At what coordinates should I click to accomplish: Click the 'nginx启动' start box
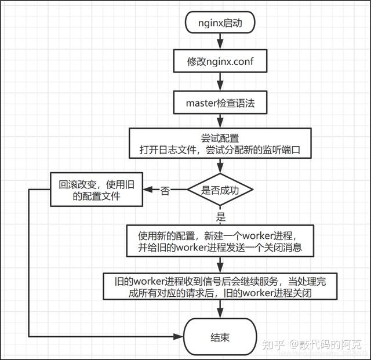click(220, 24)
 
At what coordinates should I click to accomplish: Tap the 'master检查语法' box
click(220, 103)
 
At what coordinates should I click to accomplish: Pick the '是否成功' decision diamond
click(220, 190)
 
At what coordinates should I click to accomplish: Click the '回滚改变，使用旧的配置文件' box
click(96, 190)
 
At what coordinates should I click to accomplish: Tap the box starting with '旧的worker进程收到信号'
click(220, 286)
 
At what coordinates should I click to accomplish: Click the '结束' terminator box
click(220, 336)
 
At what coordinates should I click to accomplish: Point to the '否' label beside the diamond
click(165, 191)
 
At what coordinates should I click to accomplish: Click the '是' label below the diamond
click(220, 217)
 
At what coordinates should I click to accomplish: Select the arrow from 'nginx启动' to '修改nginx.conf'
click(220, 42)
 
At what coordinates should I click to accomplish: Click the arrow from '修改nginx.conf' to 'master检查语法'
click(220, 82)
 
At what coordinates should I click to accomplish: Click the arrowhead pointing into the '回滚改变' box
click(148, 190)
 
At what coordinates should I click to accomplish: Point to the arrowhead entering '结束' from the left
click(180, 336)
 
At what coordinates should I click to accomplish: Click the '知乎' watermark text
click(273, 346)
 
